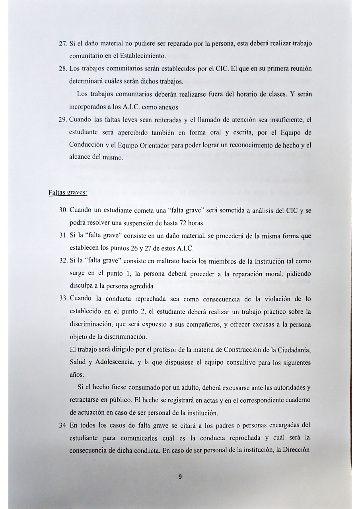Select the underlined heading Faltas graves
(68, 193)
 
